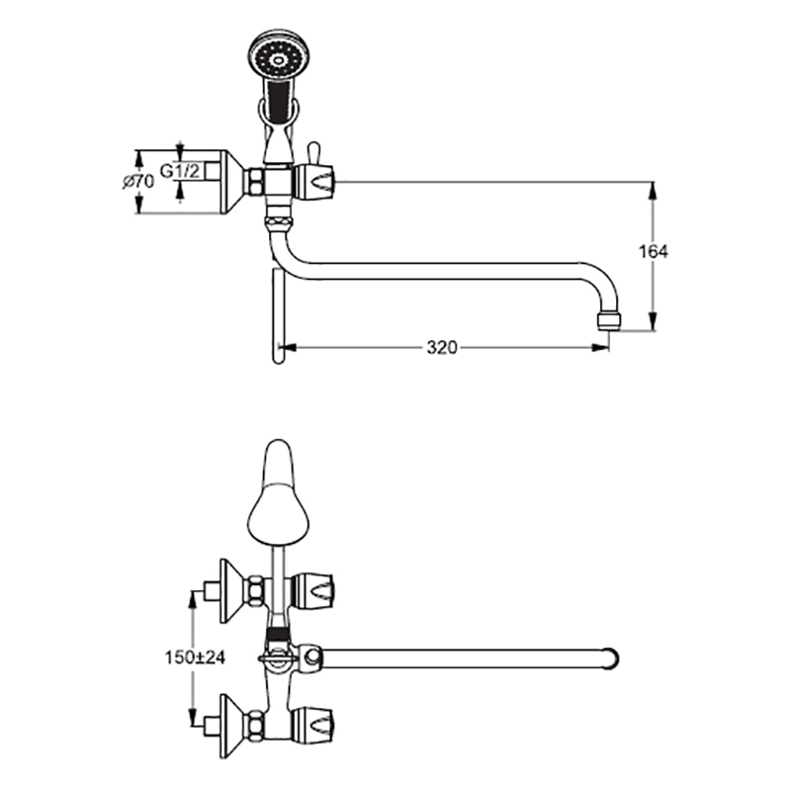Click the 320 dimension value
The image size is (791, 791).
tap(442, 348)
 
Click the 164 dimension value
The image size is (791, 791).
tap(654, 251)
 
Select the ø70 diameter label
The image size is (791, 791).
tap(138, 181)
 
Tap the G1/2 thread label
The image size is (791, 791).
tap(180, 171)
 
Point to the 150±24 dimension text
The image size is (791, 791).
tap(195, 658)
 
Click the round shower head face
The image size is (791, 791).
tap(276, 59)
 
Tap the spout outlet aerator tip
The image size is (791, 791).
tap(608, 321)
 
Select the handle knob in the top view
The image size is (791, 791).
tap(315, 181)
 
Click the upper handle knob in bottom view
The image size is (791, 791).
tap(313, 590)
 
